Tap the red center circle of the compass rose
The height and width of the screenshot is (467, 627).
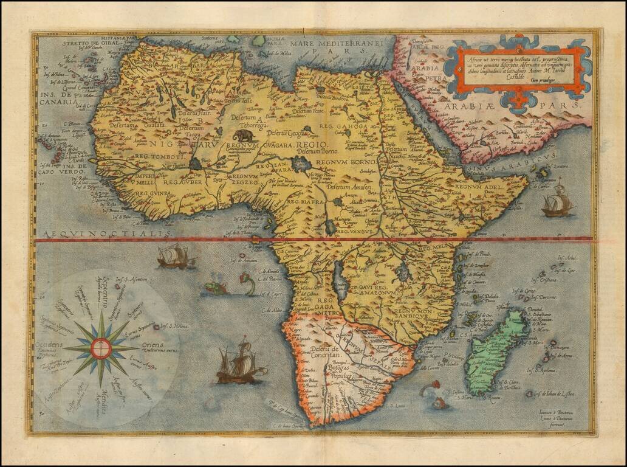tap(101, 348)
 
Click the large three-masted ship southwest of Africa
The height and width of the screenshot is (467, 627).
tap(241, 364)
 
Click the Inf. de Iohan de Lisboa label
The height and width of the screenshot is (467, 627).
tap(554, 395)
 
